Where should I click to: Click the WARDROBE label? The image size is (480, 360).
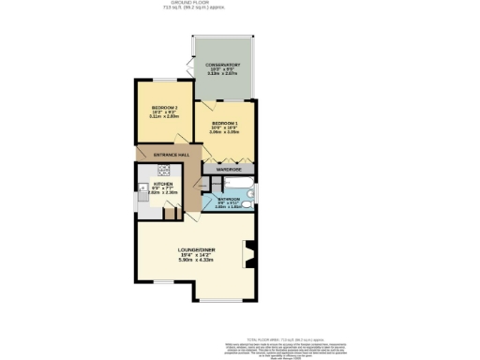229,170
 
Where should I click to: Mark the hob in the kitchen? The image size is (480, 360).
163,171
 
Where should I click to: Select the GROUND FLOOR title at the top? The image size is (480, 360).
240,3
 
